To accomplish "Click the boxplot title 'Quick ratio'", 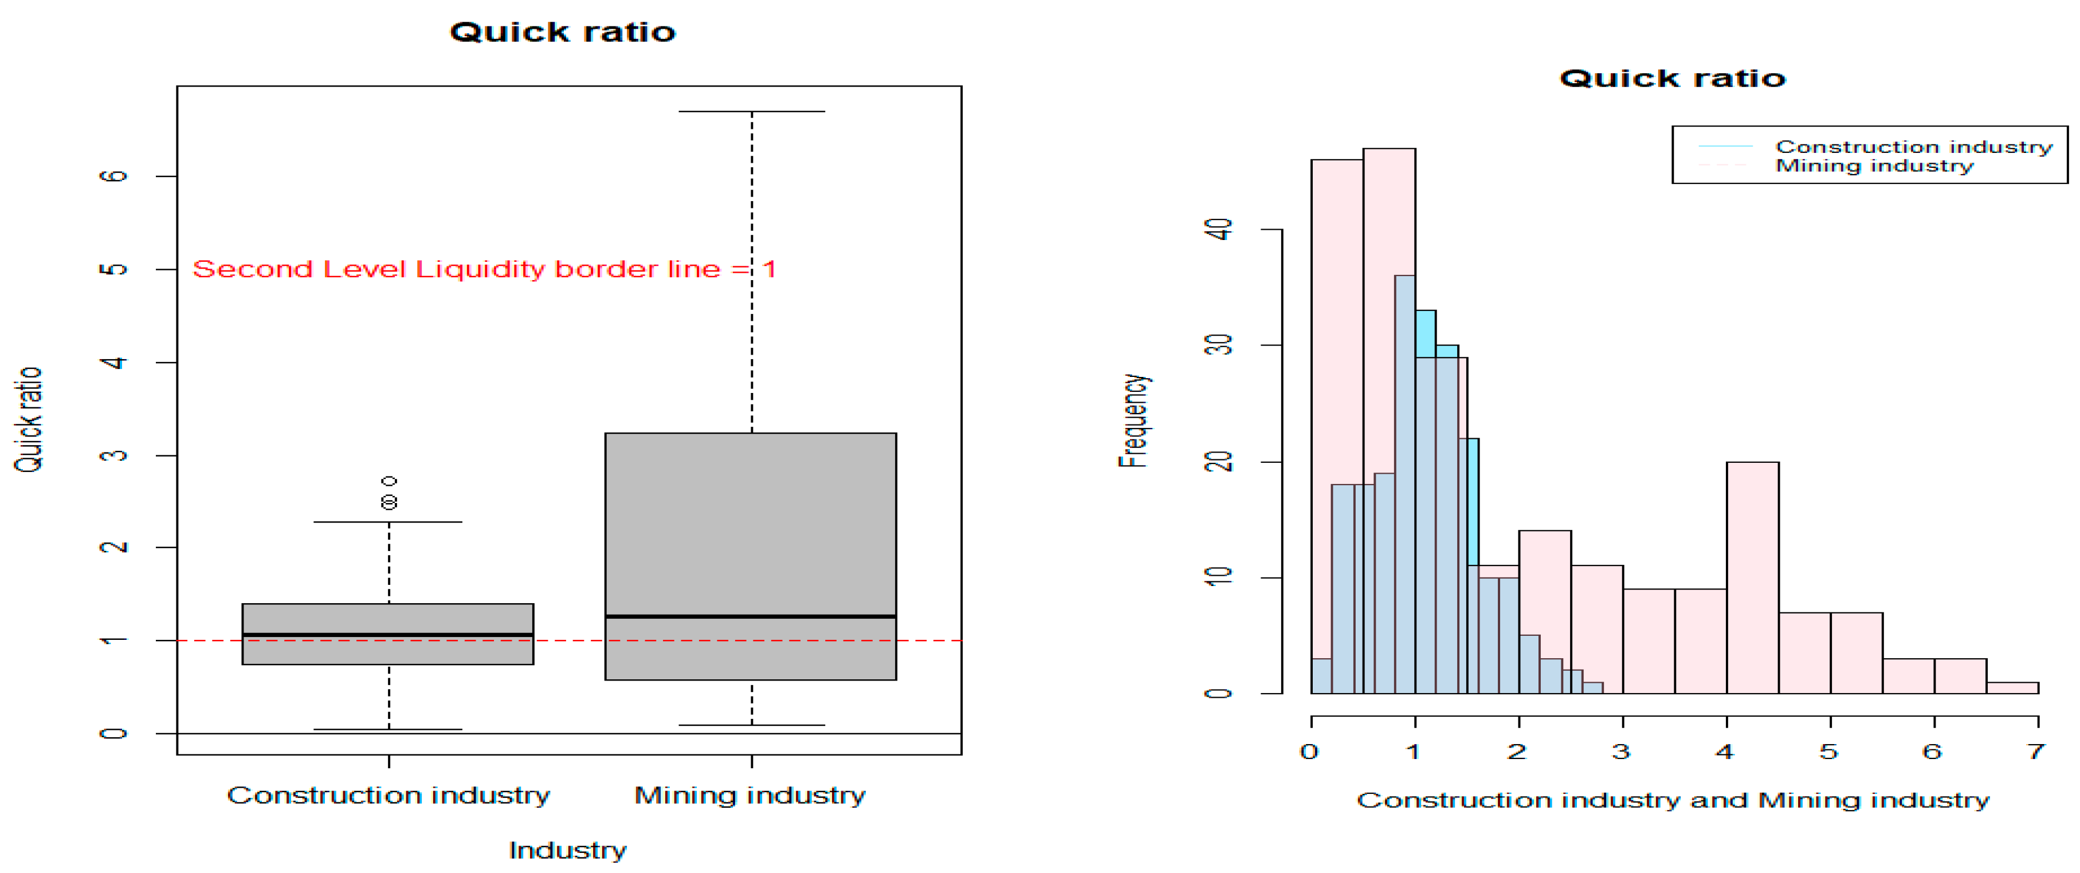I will pyautogui.click(x=562, y=32).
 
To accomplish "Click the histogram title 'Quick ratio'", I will pyautogui.click(x=1671, y=78).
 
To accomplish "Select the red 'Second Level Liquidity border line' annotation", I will pyautogui.click(x=484, y=269).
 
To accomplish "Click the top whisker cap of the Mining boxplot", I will pyautogui.click(x=752, y=112).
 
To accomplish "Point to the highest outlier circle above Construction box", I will pyautogui.click(x=389, y=481).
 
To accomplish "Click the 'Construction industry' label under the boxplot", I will pyautogui.click(x=388, y=796).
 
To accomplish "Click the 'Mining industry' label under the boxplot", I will pyautogui.click(x=749, y=796).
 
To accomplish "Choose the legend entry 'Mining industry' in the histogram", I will pyautogui.click(x=1873, y=166).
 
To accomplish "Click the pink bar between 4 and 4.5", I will pyautogui.click(x=1752, y=577).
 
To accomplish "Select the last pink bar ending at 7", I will pyautogui.click(x=2012, y=688).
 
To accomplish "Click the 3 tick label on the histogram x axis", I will pyautogui.click(x=1622, y=752).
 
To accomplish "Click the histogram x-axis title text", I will pyautogui.click(x=1672, y=800).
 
